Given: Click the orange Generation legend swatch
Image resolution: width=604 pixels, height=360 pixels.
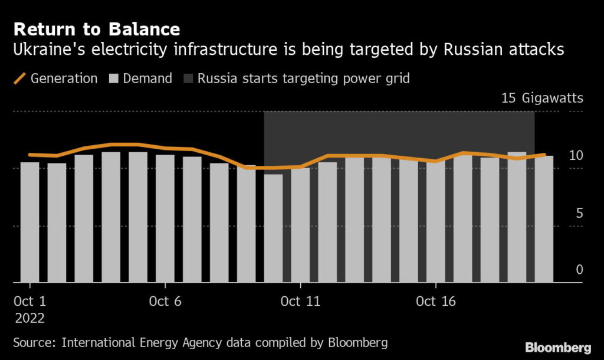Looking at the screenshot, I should click(x=20, y=78).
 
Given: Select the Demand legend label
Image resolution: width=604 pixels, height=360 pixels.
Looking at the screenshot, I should click(x=147, y=78).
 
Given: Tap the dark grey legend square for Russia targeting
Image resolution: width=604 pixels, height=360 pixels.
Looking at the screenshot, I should click(x=188, y=78).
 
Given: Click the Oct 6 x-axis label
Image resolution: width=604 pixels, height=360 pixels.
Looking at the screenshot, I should click(x=165, y=302).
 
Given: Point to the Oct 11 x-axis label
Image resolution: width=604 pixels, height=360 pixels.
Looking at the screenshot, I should click(x=300, y=302).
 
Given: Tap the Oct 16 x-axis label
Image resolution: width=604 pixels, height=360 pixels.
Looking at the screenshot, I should click(x=435, y=302).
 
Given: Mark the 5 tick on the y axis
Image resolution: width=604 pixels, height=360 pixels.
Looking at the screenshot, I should click(x=579, y=212).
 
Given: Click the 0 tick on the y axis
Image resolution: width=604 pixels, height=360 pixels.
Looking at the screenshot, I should click(x=579, y=270).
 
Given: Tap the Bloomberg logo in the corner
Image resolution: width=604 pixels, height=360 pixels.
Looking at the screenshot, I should click(x=558, y=346).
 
